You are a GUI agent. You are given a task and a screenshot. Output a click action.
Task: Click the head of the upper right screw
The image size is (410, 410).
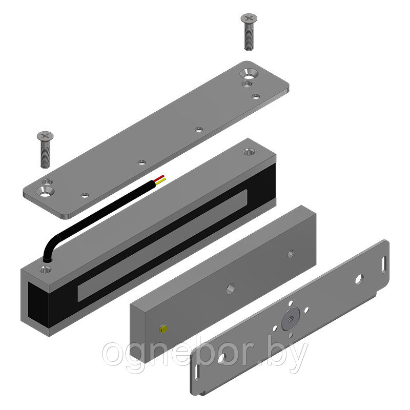pyautogui.click(x=249, y=18)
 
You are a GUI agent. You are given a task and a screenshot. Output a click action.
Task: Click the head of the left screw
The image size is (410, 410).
pyautogui.click(x=45, y=136)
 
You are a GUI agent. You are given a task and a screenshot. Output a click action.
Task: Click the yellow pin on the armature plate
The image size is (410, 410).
pyautogui.click(x=163, y=329)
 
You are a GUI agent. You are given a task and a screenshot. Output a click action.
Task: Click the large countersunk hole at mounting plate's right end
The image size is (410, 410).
pyautogui.click(x=249, y=73)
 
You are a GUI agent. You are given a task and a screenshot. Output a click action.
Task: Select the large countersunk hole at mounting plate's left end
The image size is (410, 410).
pyautogui.click(x=45, y=191)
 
